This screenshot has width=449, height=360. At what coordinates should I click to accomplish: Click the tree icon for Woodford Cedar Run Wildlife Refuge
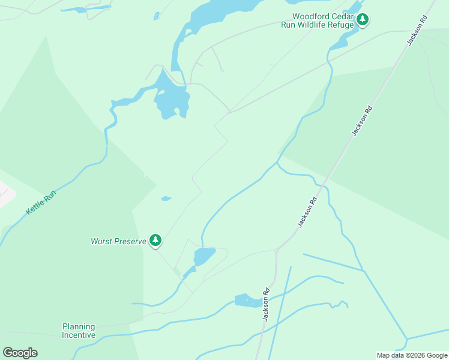coord(362,20)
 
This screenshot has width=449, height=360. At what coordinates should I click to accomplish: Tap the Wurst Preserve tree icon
coord(155,241)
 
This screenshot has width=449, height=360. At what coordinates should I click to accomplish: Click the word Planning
coord(79,327)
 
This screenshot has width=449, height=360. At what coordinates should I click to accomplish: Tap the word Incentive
coord(79,335)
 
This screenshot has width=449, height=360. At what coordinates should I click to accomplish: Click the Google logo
coord(20,353)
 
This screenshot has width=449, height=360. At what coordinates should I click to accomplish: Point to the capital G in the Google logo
coord(7,353)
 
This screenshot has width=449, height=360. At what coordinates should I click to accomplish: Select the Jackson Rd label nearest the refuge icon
coord(415,30)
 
